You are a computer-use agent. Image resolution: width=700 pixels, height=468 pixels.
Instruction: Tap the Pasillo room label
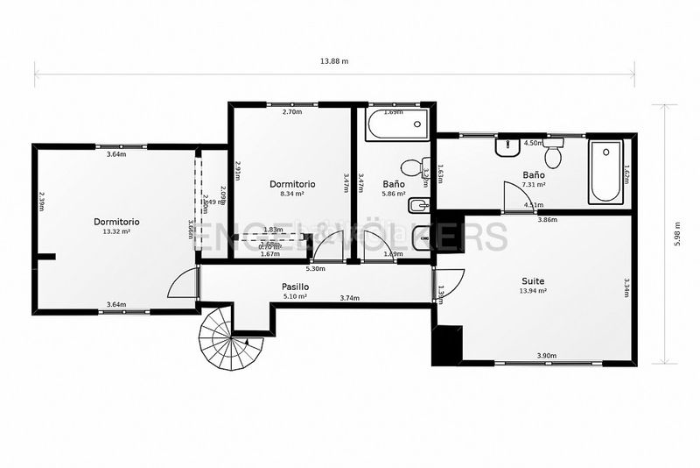(x=295, y=287)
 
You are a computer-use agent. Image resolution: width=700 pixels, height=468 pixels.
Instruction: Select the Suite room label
(x=532, y=281)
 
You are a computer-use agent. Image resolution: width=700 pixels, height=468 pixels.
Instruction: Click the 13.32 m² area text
(x=116, y=231)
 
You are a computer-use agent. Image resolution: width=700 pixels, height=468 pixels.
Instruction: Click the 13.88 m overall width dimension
(x=334, y=61)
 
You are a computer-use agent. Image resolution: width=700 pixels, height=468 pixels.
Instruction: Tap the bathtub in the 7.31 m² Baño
(x=605, y=172)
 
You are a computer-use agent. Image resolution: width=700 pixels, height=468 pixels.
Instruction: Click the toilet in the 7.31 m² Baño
(x=553, y=156)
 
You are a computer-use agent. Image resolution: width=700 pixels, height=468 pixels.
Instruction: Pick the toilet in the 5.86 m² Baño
(x=411, y=167)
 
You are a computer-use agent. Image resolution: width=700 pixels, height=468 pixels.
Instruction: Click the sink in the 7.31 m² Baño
(x=507, y=147)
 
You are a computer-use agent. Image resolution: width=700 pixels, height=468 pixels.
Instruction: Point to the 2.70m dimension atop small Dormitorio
(x=291, y=112)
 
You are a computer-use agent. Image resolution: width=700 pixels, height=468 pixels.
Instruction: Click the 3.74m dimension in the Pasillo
(x=350, y=298)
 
